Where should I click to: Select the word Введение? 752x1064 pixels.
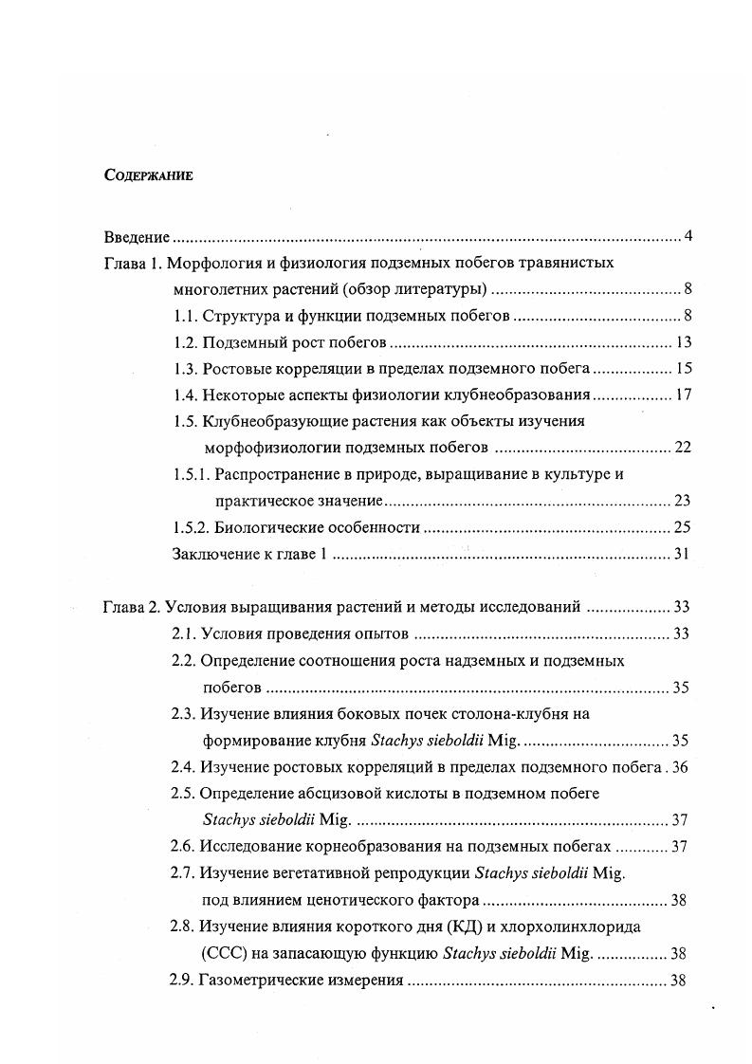point(137,236)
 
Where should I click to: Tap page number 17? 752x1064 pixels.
point(682,395)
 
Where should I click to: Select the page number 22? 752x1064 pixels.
point(682,448)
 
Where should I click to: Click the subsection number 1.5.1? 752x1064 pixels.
point(191,474)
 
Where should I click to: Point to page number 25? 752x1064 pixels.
point(682,527)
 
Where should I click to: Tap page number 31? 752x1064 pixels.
point(682,554)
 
